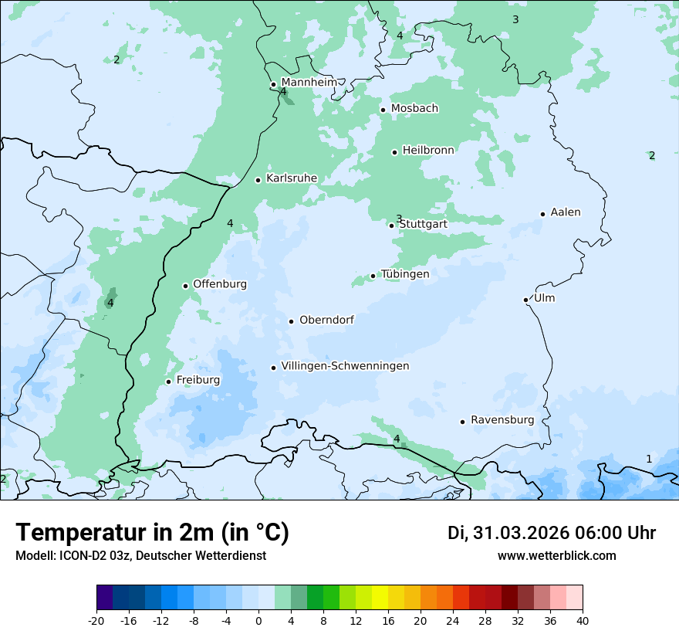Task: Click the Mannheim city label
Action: [x=309, y=82]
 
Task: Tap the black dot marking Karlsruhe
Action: [x=258, y=180]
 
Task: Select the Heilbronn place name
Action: [x=428, y=150]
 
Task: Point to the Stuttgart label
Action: [x=423, y=224]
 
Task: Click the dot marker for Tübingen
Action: [x=373, y=276]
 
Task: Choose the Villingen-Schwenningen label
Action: [x=345, y=366]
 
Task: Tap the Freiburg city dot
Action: [x=168, y=382]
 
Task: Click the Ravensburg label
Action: [x=502, y=420]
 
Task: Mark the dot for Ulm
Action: [x=526, y=300]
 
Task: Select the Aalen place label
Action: [x=566, y=212]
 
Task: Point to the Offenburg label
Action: [x=220, y=284]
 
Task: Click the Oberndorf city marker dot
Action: [x=292, y=321]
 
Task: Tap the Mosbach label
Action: [x=414, y=108]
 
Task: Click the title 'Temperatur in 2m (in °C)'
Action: [x=152, y=533]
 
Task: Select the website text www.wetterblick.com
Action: [x=556, y=555]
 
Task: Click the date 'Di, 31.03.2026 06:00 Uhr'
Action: [x=552, y=533]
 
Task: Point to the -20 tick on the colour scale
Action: [x=96, y=620]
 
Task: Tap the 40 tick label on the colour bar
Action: [x=583, y=620]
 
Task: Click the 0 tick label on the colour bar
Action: [x=258, y=620]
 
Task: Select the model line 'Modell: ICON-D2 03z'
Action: [x=140, y=555]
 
